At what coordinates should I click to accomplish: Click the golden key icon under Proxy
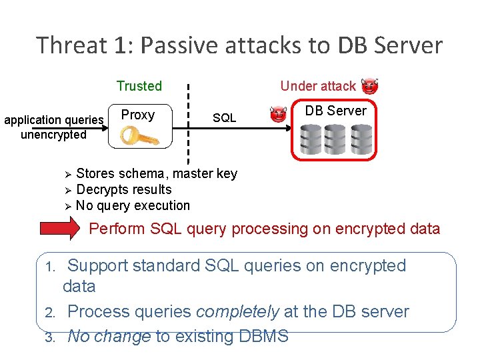[x=139, y=136]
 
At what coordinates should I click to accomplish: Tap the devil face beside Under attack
[x=369, y=85]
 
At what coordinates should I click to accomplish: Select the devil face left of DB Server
[x=278, y=115]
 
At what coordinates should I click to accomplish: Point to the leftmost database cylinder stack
[x=310, y=138]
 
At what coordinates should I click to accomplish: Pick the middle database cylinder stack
[x=336, y=138]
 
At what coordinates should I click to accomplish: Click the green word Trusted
[x=139, y=86]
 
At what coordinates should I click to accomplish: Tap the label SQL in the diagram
[x=224, y=118]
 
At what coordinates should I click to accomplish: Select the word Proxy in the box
[x=138, y=115]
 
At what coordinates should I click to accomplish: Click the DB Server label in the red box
[x=335, y=111]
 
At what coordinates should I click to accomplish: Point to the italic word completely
[x=231, y=311]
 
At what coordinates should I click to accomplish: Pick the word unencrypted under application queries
[x=53, y=135]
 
